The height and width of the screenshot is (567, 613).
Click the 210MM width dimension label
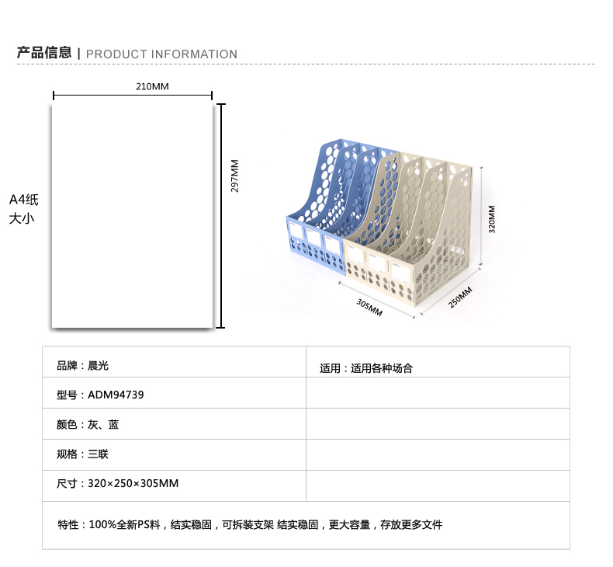152,86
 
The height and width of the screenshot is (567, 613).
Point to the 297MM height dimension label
234,176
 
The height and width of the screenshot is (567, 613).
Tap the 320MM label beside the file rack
492,219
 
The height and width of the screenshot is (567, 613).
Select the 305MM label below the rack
369,307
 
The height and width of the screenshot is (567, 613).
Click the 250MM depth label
460,297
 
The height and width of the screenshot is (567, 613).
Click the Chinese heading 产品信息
44,53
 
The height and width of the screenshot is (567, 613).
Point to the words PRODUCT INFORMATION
161,54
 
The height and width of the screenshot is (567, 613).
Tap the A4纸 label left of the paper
24,200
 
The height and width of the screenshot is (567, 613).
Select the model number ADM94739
116,395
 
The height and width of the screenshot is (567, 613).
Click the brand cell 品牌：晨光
82,366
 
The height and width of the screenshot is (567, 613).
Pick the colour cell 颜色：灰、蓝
88,424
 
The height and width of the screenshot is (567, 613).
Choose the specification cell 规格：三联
82,454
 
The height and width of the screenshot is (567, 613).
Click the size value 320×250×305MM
133,483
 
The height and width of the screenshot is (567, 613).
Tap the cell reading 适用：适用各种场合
366,368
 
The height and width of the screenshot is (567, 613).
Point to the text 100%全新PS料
124,524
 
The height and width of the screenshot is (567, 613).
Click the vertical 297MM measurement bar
221,216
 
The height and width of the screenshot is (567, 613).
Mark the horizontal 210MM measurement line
133,95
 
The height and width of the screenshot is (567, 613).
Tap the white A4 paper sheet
133,216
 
